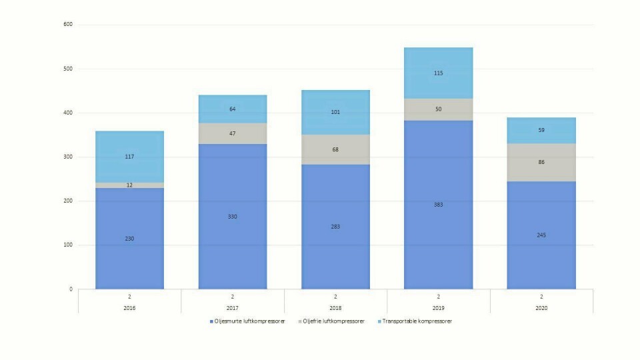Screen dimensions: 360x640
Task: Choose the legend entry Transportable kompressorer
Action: pyautogui.click(x=418, y=321)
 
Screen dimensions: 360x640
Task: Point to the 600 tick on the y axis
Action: pyautogui.click(x=68, y=25)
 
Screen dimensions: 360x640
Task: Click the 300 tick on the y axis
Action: pyautogui.click(x=68, y=157)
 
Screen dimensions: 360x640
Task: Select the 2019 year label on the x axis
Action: pyautogui.click(x=439, y=307)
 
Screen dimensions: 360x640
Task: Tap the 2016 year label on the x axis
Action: pyautogui.click(x=129, y=307)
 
